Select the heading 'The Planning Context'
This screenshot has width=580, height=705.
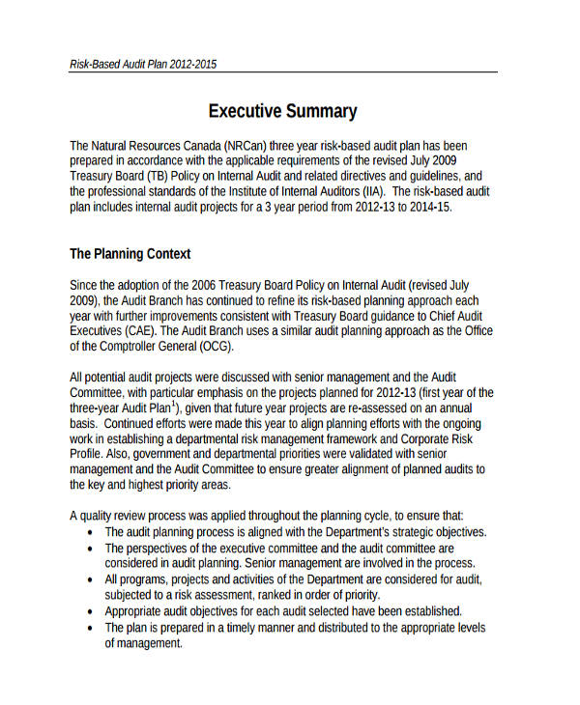click(130, 254)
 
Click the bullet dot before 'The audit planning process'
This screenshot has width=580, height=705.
click(90, 532)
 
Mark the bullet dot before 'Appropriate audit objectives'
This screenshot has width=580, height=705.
click(90, 611)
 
